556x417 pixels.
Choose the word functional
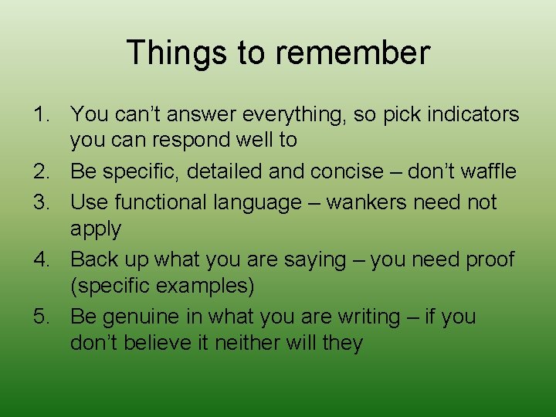(162, 202)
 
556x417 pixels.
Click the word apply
(96, 230)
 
